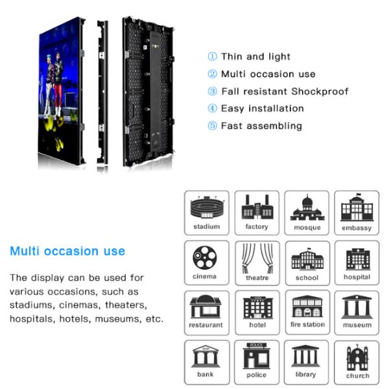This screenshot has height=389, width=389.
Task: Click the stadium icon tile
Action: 206,213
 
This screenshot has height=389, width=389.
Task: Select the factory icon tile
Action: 257,213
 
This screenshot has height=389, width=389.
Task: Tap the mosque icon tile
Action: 307,213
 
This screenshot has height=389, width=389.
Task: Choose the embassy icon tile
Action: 357,213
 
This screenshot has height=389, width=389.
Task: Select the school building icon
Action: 307,261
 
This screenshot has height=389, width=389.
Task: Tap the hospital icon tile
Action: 357,261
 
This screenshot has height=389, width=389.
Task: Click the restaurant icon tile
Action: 206,312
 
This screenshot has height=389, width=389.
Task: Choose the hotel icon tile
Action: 257,312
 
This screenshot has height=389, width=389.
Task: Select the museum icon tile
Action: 357,312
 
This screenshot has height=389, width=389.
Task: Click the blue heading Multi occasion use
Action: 67,251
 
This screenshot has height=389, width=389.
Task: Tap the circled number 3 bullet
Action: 212,91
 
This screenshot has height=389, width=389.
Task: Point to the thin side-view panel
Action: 102,94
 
